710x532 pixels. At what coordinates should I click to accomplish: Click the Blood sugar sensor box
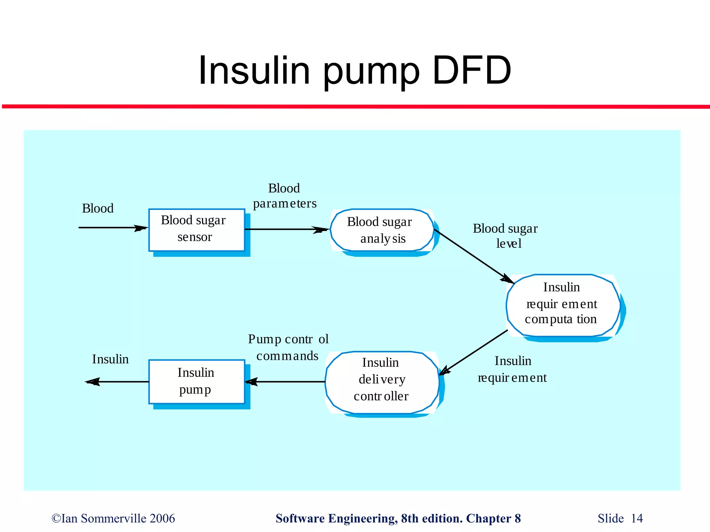tap(197, 230)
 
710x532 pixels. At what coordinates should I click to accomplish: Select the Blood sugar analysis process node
tap(382, 230)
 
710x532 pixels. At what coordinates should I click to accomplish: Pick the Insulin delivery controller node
tap(382, 381)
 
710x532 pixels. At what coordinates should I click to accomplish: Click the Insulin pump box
tap(197, 381)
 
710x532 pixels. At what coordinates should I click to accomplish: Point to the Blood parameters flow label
tap(285, 196)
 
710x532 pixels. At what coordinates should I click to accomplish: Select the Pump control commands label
tap(287, 347)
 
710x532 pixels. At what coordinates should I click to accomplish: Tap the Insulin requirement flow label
tap(512, 369)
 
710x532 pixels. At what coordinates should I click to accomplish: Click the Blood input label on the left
tap(98, 209)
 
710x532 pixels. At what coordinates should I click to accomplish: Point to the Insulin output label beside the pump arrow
tap(110, 359)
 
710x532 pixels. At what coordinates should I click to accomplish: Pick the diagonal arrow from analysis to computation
tap(473, 256)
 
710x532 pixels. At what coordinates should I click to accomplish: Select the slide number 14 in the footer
tap(637, 518)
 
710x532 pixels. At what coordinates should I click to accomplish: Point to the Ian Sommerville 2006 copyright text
tap(113, 518)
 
